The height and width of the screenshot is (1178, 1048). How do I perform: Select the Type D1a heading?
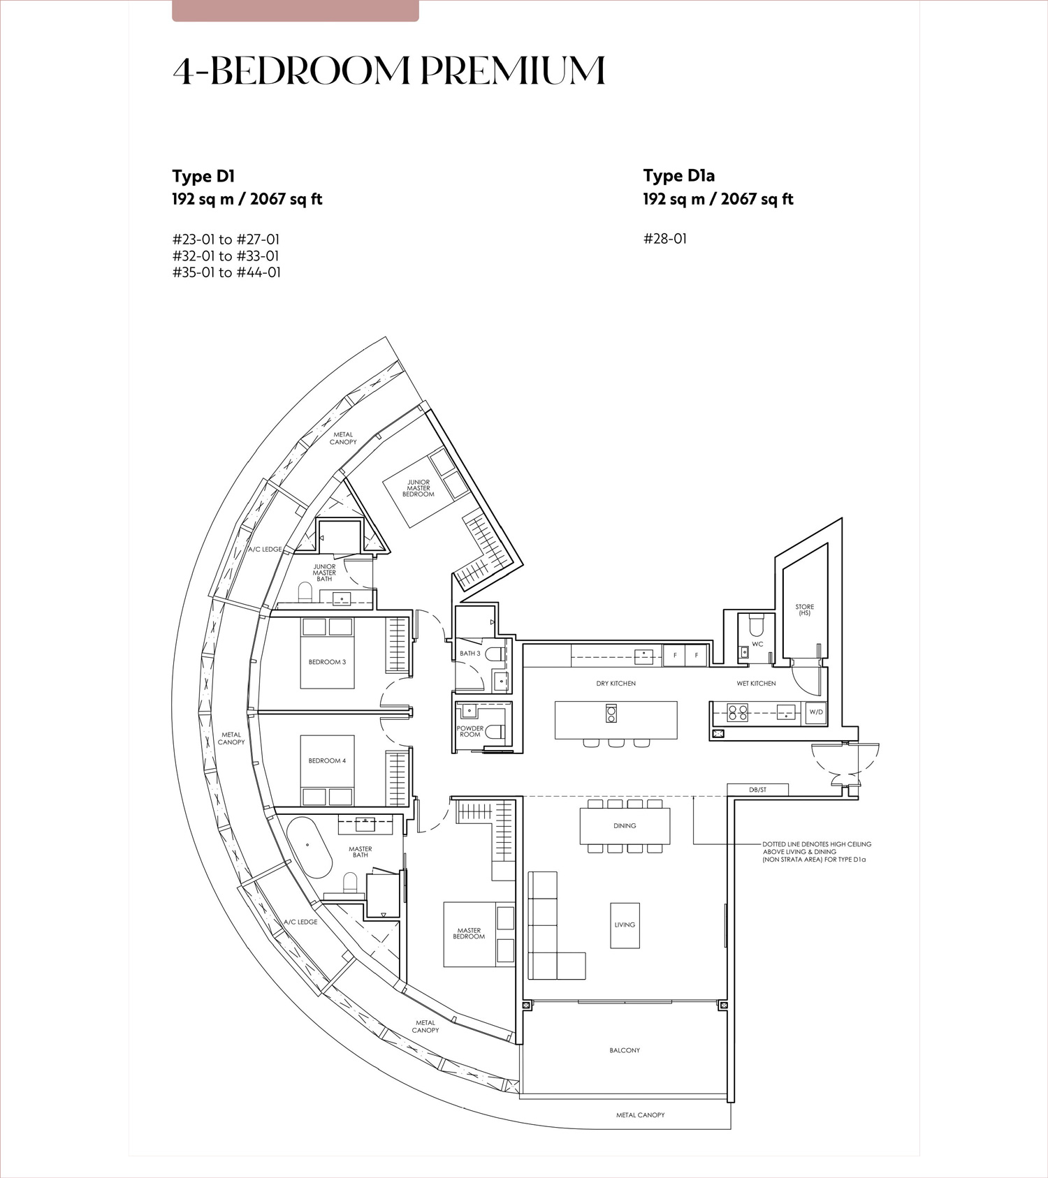[x=679, y=176]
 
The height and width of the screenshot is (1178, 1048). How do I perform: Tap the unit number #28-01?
[x=665, y=239]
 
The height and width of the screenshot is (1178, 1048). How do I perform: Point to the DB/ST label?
[x=758, y=790]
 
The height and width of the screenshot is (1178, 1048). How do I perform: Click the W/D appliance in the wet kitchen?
[x=816, y=712]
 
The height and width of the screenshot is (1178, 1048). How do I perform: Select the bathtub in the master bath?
[x=308, y=848]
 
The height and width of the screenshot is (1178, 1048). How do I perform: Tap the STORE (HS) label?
[x=804, y=610]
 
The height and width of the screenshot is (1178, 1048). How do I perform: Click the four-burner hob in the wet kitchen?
[x=738, y=712]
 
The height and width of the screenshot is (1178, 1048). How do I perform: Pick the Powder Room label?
[x=470, y=731]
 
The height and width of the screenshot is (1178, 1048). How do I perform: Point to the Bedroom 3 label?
[x=327, y=662]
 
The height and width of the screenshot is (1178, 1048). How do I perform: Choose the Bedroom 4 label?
[x=327, y=760]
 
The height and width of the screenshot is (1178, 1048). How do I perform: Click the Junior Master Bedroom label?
[x=419, y=488]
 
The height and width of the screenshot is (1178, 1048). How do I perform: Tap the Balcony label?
[x=625, y=1050]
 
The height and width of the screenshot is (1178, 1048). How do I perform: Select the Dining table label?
[x=625, y=825]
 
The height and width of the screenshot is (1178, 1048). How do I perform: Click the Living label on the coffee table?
[x=625, y=925]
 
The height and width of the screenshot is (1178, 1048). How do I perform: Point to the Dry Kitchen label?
[x=616, y=684]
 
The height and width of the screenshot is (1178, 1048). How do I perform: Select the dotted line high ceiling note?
[x=817, y=852]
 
